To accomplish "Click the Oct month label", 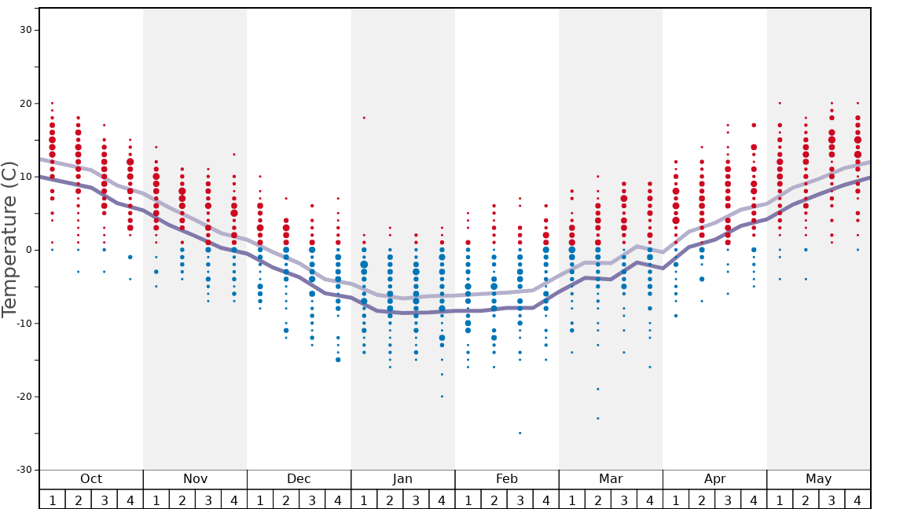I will [x=91, y=479].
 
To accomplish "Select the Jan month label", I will [x=402, y=479].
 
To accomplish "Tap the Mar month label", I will [x=611, y=479].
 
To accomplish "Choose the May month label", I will [x=818, y=479].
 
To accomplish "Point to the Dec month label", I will [x=299, y=479].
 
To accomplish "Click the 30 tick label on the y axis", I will [x=24, y=30].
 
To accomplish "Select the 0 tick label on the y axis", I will [x=28, y=250].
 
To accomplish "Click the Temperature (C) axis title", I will [x=9, y=239].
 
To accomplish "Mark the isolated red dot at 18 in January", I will [x=364, y=118].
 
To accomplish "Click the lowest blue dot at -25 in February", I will [x=520, y=433].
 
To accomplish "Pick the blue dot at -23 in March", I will [x=597, y=418].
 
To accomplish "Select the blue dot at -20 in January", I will [x=442, y=397].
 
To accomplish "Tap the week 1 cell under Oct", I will [x=53, y=500].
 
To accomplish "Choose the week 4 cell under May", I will [x=857, y=500].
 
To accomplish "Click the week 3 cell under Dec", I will [x=312, y=500].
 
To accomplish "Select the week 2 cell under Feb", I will [x=494, y=500].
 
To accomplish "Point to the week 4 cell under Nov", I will [x=234, y=500].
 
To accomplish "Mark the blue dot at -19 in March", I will [x=597, y=389].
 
